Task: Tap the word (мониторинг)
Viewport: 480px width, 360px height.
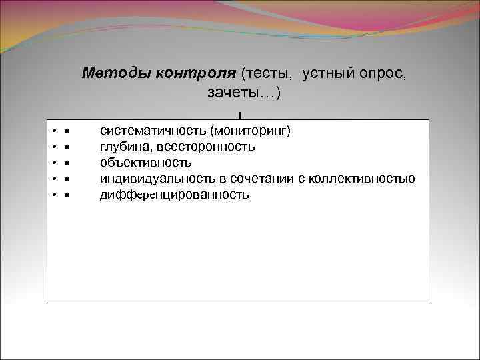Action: [x=251, y=129]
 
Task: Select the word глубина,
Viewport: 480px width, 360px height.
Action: [x=125, y=145]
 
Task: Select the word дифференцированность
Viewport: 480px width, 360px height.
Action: [x=175, y=195]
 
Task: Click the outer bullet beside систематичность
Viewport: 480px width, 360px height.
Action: [x=54, y=130]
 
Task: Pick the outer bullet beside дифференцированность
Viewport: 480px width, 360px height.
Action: [x=54, y=195]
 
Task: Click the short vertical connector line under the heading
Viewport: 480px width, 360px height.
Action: [x=239, y=116]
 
